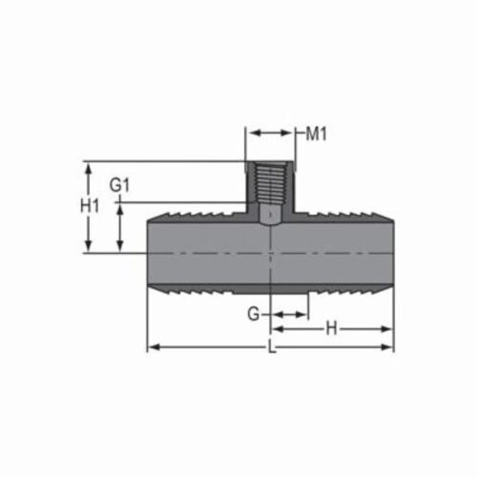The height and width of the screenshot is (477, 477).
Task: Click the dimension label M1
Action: point(317,134)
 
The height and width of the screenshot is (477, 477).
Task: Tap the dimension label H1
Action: point(90,206)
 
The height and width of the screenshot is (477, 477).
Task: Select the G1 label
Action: point(120,185)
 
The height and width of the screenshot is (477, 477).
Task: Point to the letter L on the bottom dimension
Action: point(271,348)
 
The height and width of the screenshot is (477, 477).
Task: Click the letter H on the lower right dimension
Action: point(331,329)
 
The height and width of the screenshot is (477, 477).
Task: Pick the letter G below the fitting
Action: point(254,314)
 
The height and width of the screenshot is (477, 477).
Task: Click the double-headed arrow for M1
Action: point(271,132)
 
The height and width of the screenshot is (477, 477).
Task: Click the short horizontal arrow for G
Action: point(289,314)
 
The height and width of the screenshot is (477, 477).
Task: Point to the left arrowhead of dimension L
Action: point(152,347)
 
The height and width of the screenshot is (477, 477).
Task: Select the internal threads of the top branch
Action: point(270,183)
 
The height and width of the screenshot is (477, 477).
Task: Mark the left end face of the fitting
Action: point(148,253)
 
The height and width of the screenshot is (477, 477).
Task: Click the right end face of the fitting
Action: point(393,253)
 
